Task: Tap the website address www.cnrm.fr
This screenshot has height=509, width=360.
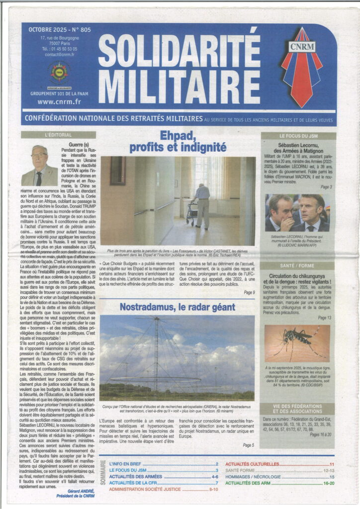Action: coord(59,102)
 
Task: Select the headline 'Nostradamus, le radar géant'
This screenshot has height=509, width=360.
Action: coord(178,307)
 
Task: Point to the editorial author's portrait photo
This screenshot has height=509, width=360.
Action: coord(39,166)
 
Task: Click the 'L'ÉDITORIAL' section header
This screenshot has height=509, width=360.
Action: coord(59,134)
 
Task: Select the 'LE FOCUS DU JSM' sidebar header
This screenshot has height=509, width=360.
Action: coord(298,135)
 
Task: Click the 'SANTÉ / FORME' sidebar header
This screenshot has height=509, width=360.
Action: coord(298,266)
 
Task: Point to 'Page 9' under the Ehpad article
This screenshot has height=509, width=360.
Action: coord(250,293)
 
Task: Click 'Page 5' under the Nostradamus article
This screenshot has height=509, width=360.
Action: coord(249,445)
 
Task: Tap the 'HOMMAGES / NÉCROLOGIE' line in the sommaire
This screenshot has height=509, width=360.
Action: coord(259,477)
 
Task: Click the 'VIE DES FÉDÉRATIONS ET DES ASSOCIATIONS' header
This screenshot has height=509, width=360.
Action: coord(298,409)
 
